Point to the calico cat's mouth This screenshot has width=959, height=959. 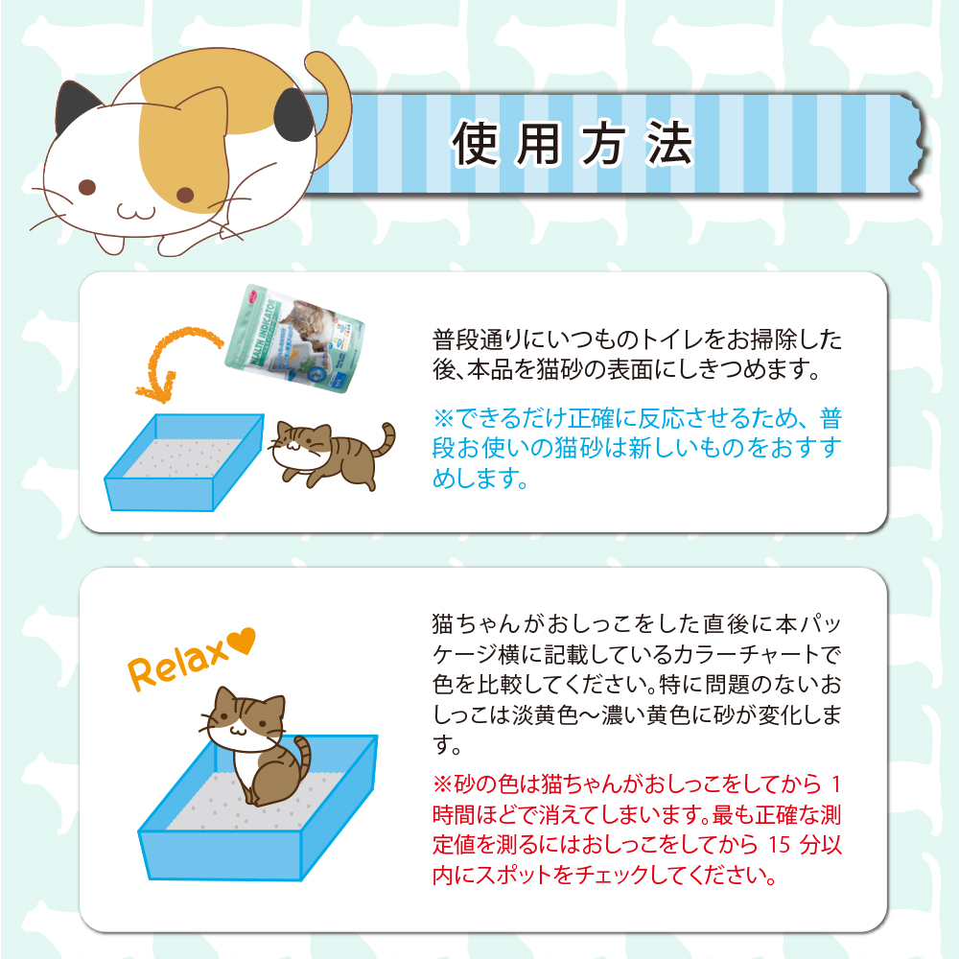click(136, 212)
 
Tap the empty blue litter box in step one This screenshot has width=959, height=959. click(183, 462)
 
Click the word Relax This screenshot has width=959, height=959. click(177, 664)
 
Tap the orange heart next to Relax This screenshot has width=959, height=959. click(243, 641)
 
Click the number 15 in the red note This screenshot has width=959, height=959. click(779, 845)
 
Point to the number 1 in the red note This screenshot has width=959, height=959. click(836, 784)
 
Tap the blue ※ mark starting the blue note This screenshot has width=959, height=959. click(443, 418)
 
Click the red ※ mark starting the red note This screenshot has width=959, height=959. click(442, 784)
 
